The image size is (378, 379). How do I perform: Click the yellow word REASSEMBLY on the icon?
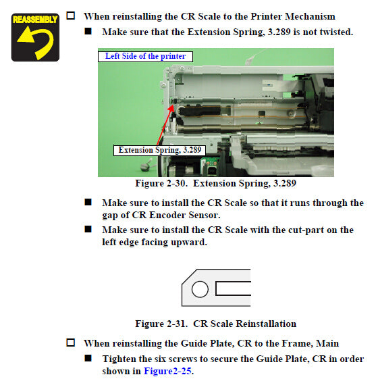35,20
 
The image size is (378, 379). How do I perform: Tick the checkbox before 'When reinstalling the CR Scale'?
70,16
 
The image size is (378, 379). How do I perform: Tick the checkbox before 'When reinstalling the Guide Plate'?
70,343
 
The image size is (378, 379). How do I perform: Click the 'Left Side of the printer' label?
145,56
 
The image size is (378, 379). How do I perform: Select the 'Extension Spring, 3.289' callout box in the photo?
160,150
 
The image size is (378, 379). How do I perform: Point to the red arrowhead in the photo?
171,107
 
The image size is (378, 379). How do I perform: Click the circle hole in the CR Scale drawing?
200,289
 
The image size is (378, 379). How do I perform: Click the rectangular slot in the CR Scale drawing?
233,288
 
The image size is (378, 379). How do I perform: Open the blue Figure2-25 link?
167,371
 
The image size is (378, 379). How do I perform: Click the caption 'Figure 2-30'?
161,183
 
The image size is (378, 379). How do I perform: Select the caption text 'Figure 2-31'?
161,324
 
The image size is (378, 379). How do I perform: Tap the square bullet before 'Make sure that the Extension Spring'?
88,31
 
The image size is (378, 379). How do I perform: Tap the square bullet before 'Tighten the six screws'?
88,358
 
